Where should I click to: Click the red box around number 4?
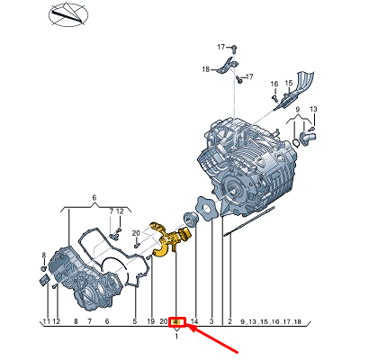(178, 320)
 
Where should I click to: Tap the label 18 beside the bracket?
(205, 69)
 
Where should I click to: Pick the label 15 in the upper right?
(290, 84)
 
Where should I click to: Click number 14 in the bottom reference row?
(193, 321)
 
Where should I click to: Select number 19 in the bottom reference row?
(151, 321)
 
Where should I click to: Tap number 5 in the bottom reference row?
(134, 321)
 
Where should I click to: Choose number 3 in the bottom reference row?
(211, 321)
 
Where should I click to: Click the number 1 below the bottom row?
(176, 337)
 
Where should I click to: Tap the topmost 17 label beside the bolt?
(220, 46)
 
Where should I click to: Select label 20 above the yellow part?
(135, 233)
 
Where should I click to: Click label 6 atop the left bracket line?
(94, 197)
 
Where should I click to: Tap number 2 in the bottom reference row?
(229, 321)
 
